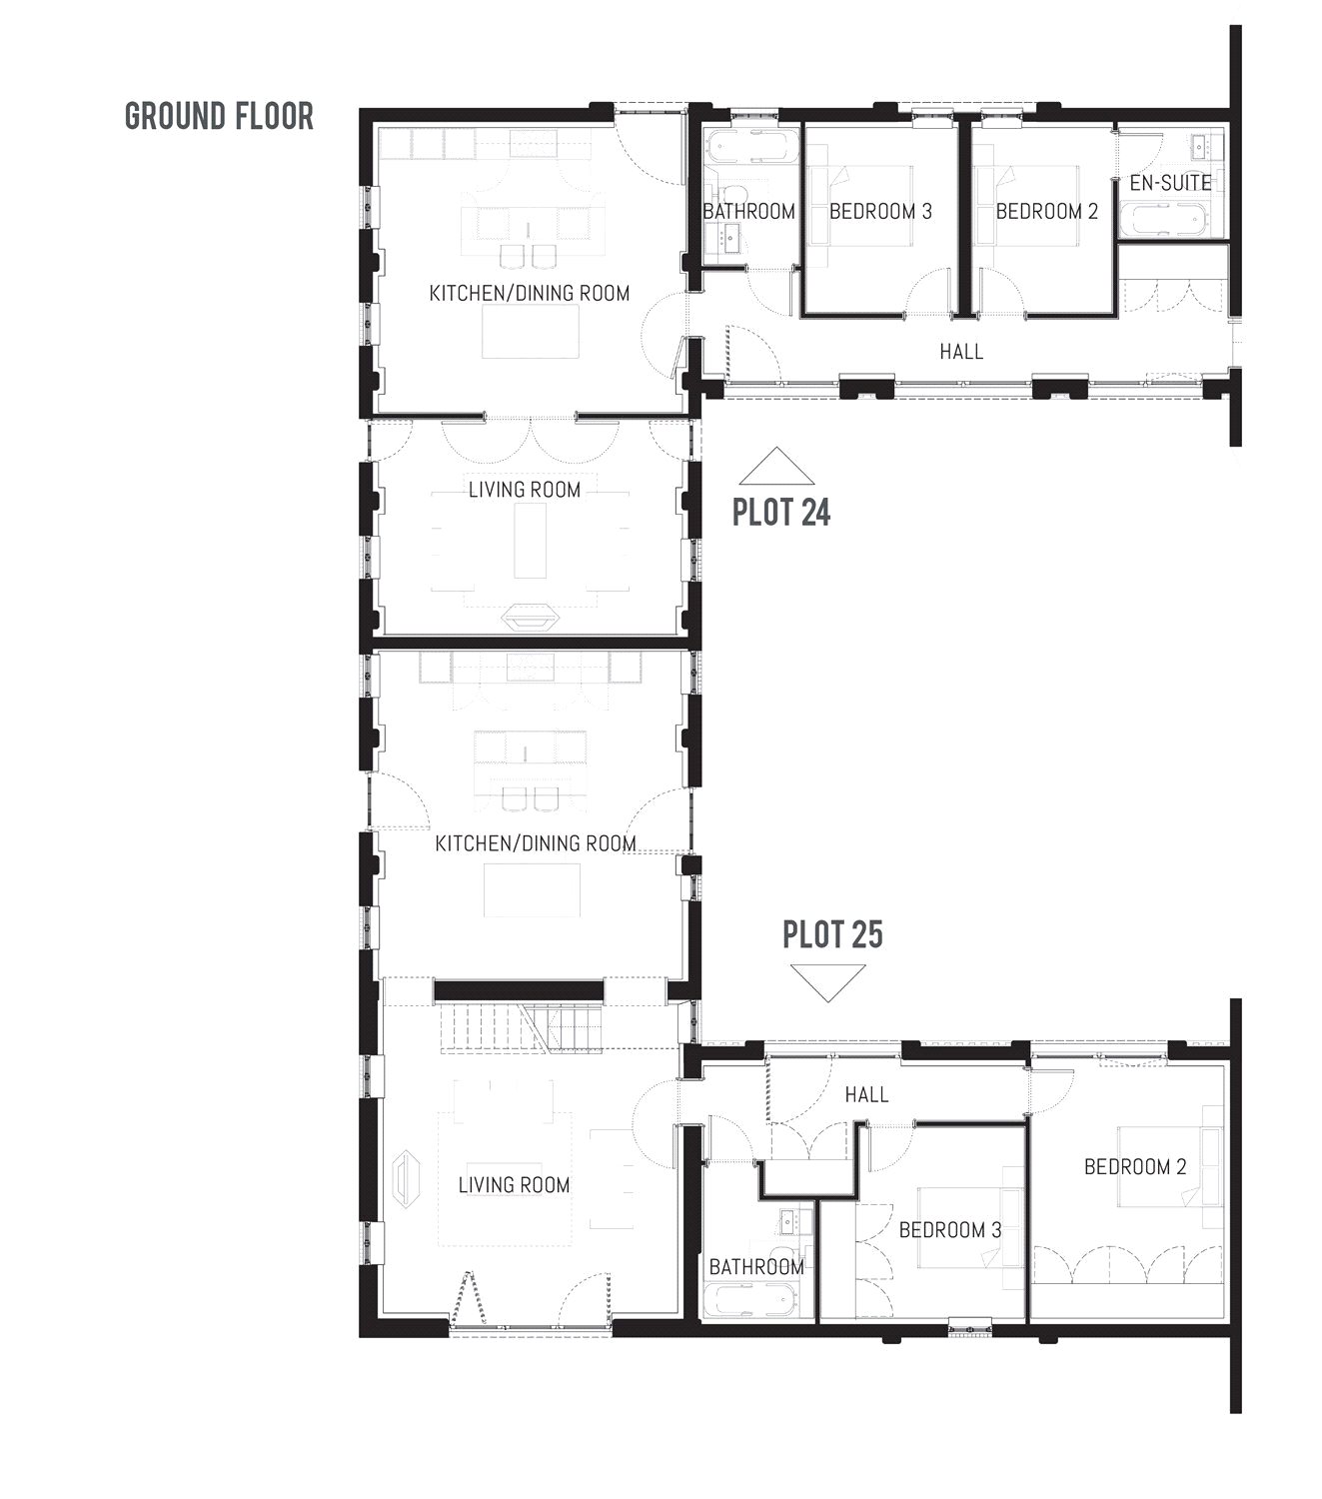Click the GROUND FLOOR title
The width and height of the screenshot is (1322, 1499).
tap(219, 116)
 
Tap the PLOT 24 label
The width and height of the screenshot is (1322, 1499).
tap(781, 512)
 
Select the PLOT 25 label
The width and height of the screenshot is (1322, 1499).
tap(832, 934)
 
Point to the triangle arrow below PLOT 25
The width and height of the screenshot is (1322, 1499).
tap(828, 981)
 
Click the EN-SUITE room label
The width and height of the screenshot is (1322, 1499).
tap(1170, 183)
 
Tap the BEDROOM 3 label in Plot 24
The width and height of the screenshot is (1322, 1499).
tap(880, 211)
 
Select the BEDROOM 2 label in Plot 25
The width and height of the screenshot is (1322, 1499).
tap(1135, 1166)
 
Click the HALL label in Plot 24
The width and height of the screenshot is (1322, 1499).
tap(961, 352)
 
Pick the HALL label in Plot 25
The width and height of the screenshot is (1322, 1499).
tap(866, 1094)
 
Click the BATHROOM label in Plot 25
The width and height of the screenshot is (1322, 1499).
tap(756, 1266)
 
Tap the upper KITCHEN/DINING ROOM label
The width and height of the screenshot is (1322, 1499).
tap(530, 293)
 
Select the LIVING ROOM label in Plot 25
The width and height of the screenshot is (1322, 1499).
tap(514, 1185)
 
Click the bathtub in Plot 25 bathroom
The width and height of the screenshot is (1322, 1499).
tap(749, 1302)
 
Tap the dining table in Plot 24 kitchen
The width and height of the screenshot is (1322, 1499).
tap(531, 332)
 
